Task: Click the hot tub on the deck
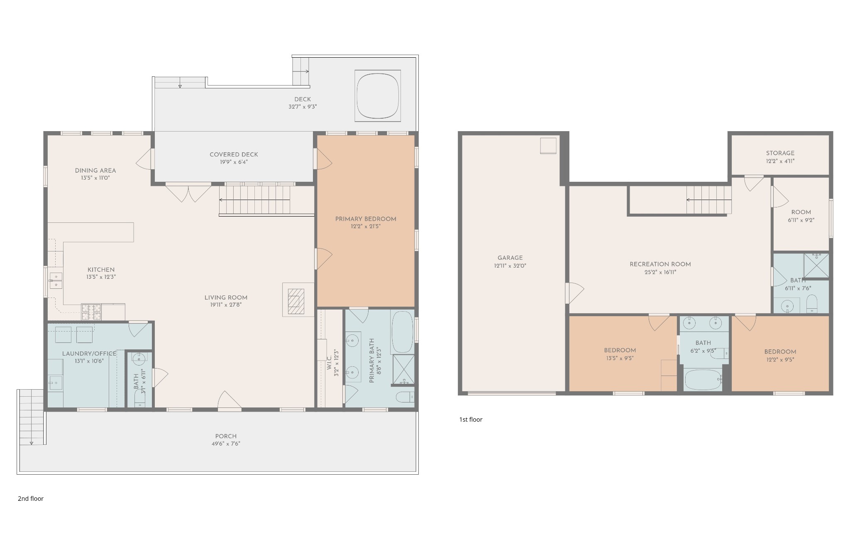click(x=378, y=96)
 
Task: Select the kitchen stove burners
click(x=91, y=312)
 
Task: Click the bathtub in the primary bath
click(x=402, y=332)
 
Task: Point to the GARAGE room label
click(x=510, y=258)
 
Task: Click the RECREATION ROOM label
click(x=660, y=264)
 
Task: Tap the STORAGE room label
click(x=780, y=153)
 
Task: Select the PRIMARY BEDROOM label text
click(x=366, y=219)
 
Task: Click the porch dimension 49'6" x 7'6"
click(x=226, y=444)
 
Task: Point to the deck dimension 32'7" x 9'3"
click(x=303, y=107)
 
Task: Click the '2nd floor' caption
click(x=31, y=499)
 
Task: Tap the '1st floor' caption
click(x=471, y=419)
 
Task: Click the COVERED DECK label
click(x=234, y=155)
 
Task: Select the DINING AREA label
click(x=95, y=171)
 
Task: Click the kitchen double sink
click(x=56, y=280)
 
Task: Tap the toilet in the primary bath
click(x=405, y=397)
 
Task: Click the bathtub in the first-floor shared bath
click(x=703, y=380)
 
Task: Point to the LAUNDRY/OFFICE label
click(x=89, y=354)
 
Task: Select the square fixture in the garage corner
click(x=548, y=146)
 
